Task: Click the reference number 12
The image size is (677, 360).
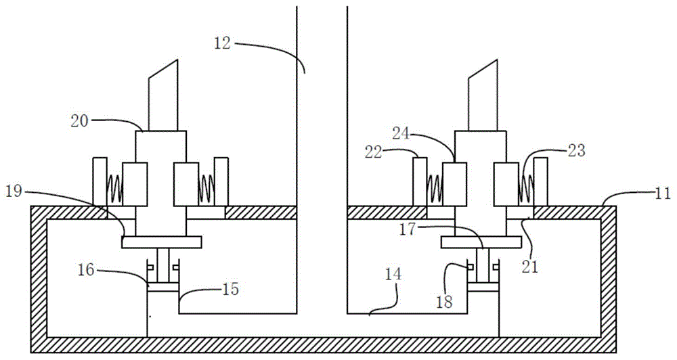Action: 221,44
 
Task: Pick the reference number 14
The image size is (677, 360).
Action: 393,275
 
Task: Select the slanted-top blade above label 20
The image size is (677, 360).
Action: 162,95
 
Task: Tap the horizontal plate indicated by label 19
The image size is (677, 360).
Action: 162,242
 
